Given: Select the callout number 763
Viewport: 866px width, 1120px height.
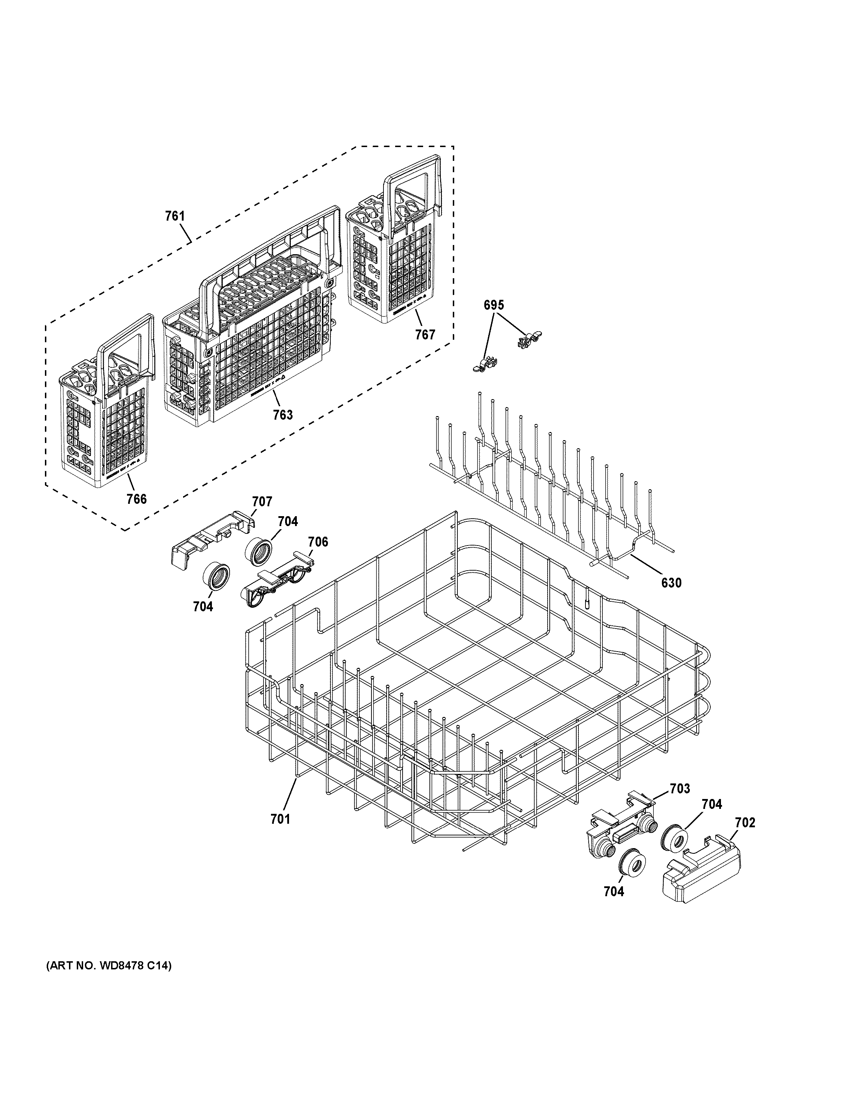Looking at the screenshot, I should (283, 415).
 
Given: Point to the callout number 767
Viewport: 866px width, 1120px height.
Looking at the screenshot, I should (425, 335).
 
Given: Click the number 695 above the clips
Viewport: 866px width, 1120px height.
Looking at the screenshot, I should (493, 305).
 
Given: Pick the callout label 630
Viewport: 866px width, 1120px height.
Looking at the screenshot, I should (671, 583).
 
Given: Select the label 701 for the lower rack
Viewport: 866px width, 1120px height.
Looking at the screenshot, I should (280, 819).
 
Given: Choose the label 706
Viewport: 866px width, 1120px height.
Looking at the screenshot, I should (318, 542).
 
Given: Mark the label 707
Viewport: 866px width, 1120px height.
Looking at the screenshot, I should (262, 502).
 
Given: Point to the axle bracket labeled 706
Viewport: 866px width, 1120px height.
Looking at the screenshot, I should (275, 579).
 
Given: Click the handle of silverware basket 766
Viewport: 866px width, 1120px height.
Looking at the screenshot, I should (128, 338).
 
